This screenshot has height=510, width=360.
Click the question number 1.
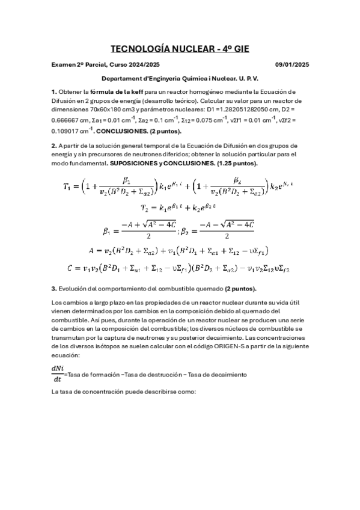[53, 92]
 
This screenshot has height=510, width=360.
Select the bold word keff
[133, 92]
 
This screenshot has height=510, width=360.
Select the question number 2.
[53, 146]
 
